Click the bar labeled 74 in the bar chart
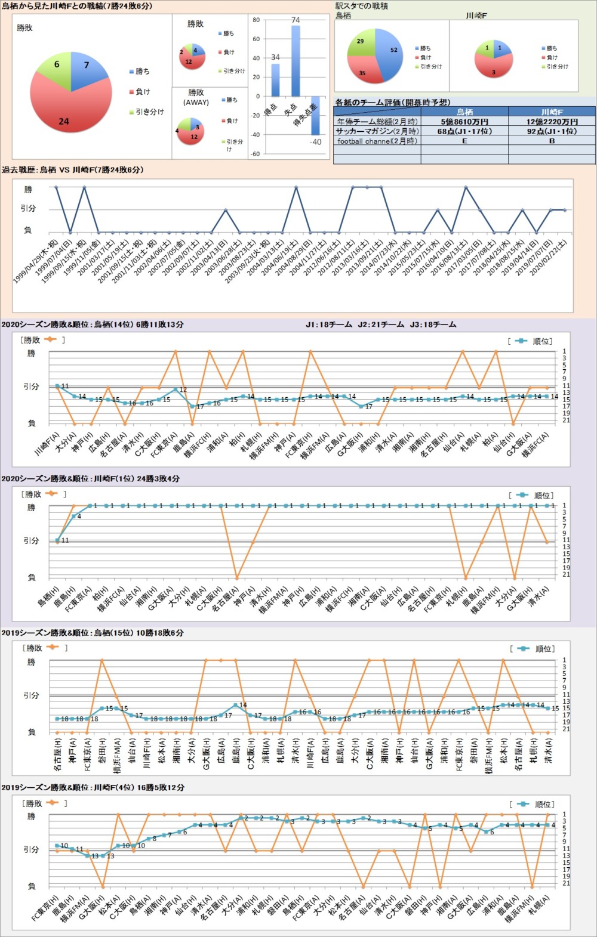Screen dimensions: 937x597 pos(295,61)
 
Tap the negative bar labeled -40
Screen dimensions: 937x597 pos(315,116)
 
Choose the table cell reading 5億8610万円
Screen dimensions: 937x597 pos(464,122)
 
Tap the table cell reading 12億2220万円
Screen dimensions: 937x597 pos(552,122)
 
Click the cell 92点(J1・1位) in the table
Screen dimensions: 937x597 pos(552,131)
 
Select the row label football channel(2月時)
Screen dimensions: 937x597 pos(377,141)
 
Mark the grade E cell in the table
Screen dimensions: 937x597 pos(464,141)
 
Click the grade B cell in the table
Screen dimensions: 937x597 pos(552,141)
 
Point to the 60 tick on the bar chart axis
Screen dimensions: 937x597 pos(256,39)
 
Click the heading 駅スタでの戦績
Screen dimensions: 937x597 pos(362,6)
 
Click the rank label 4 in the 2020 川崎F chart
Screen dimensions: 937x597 pos(79,517)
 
